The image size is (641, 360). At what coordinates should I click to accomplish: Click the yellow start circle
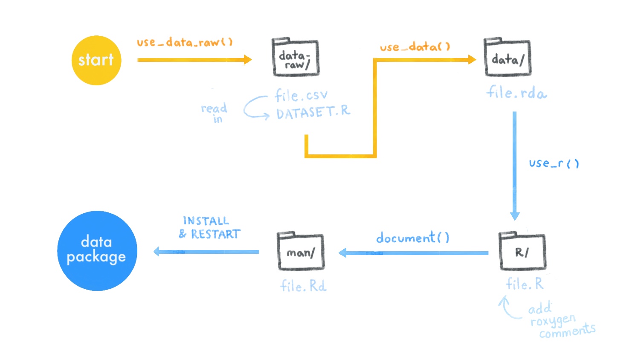pyautogui.click(x=96, y=61)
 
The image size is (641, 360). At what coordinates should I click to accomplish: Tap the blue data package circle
pyautogui.click(x=97, y=251)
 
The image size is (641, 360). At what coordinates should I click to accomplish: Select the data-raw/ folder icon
pyautogui.click(x=296, y=57)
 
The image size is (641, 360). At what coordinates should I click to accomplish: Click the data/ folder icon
pyautogui.click(x=508, y=57)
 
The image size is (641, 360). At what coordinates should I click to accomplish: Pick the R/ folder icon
pyautogui.click(x=522, y=251)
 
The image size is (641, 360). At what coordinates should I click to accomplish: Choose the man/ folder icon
pyautogui.click(x=301, y=251)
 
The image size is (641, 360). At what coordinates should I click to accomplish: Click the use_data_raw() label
pyautogui.click(x=185, y=42)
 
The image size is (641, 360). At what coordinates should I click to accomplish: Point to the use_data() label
pyautogui.click(x=415, y=46)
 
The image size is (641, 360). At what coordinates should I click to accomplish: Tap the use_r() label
pyautogui.click(x=554, y=163)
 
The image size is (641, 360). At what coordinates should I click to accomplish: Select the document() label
pyautogui.click(x=413, y=238)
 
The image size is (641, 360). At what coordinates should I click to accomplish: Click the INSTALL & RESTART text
pyautogui.click(x=209, y=228)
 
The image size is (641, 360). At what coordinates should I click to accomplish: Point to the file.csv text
pyautogui.click(x=301, y=95)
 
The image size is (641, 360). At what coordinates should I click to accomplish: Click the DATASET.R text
pyautogui.click(x=313, y=112)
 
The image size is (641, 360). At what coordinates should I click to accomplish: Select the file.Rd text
pyautogui.click(x=303, y=286)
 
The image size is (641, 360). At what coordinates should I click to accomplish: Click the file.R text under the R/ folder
pyautogui.click(x=525, y=284)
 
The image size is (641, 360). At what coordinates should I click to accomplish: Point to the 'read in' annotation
pyautogui.click(x=215, y=113)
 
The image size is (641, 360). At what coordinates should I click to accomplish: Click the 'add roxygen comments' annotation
pyautogui.click(x=561, y=320)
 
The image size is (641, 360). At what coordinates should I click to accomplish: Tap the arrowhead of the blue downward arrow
pyautogui.click(x=515, y=216)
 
